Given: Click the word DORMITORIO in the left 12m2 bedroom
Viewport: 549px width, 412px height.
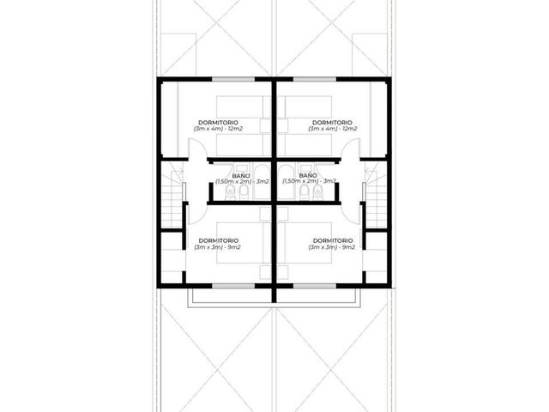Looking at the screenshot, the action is [218, 123].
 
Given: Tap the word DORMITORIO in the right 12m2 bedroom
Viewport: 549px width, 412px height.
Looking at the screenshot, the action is [332, 123].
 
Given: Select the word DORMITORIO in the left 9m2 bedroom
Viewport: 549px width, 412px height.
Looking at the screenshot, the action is [219, 240].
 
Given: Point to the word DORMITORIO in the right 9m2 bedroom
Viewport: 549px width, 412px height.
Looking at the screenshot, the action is [333, 240].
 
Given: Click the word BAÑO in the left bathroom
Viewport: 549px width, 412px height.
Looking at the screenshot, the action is [241, 175].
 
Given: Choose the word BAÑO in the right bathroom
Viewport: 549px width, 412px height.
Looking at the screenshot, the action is [308, 175].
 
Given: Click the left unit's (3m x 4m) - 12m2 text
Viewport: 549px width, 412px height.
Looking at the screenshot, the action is [218, 129].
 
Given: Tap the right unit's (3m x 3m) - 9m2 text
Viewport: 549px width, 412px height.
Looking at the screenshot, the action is [332, 247].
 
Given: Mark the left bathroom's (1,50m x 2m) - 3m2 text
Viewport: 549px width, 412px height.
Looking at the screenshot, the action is [242, 181].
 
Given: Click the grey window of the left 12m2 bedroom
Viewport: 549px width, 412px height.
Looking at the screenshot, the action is [233, 79].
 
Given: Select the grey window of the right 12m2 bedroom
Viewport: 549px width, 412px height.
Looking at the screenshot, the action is [315, 79].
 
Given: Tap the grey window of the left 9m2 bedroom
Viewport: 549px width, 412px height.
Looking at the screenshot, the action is [233, 286].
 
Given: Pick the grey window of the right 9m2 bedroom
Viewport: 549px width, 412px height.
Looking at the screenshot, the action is [315, 286].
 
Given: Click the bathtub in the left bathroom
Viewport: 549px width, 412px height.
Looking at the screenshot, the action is [262, 181].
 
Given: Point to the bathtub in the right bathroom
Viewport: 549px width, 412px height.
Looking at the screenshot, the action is [286, 181].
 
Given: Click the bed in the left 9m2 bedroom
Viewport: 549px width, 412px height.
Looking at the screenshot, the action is [239, 242].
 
